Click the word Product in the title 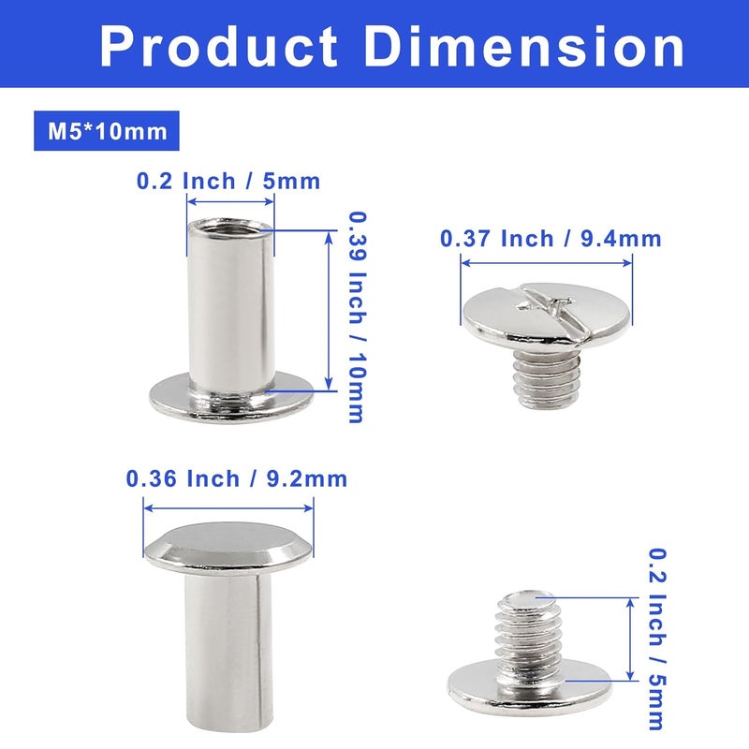219,46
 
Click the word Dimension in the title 525,46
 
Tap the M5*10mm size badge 107,131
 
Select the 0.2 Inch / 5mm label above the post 228,181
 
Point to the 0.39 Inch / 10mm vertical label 357,317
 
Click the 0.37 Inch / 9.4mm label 551,238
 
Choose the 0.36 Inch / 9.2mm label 237,478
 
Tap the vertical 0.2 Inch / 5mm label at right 657,639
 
